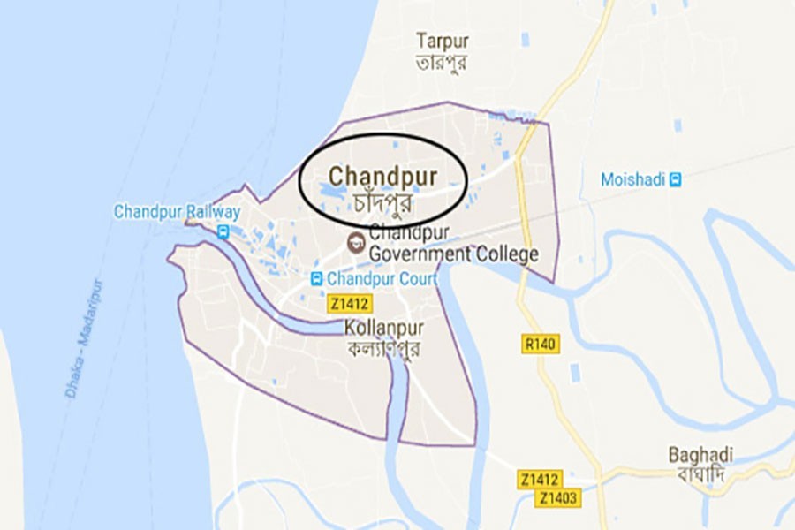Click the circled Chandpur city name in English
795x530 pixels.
[x=383, y=175]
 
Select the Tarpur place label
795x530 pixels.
[x=443, y=42]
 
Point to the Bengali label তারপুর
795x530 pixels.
[x=443, y=63]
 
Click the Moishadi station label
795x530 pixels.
[x=632, y=179]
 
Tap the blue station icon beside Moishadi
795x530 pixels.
[x=676, y=179]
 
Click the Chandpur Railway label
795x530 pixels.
[x=177, y=212]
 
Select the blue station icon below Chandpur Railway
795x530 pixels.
[x=223, y=232]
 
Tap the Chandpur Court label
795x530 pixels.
[x=382, y=279]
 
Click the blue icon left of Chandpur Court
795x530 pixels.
[x=316, y=279]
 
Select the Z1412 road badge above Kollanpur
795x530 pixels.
[x=347, y=304]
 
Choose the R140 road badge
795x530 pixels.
[x=539, y=344]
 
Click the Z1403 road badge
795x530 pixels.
[x=559, y=499]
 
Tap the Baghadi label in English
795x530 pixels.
[x=700, y=454]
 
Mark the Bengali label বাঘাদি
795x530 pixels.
[x=700, y=475]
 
